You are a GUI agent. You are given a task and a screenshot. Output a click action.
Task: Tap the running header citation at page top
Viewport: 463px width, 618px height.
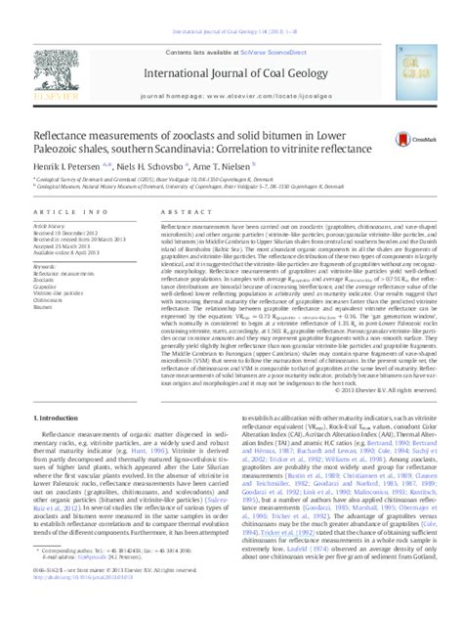click(x=231, y=7)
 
